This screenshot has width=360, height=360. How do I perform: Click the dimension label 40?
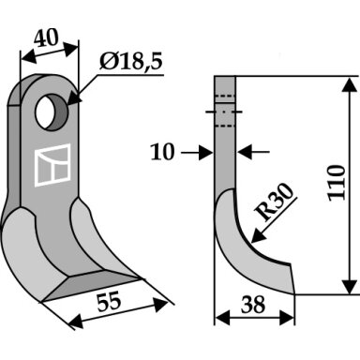click(x=46, y=38)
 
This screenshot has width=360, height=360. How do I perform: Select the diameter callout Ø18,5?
click(x=131, y=61)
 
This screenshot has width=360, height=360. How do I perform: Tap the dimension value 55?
click(x=109, y=302)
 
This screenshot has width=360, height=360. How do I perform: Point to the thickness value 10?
click(x=162, y=153)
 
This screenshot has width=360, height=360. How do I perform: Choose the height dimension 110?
click(x=337, y=183)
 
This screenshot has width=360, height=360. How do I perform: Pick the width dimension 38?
click(x=253, y=305)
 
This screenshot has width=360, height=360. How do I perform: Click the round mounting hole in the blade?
click(x=52, y=112)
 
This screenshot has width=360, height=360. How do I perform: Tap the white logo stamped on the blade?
click(x=52, y=165)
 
